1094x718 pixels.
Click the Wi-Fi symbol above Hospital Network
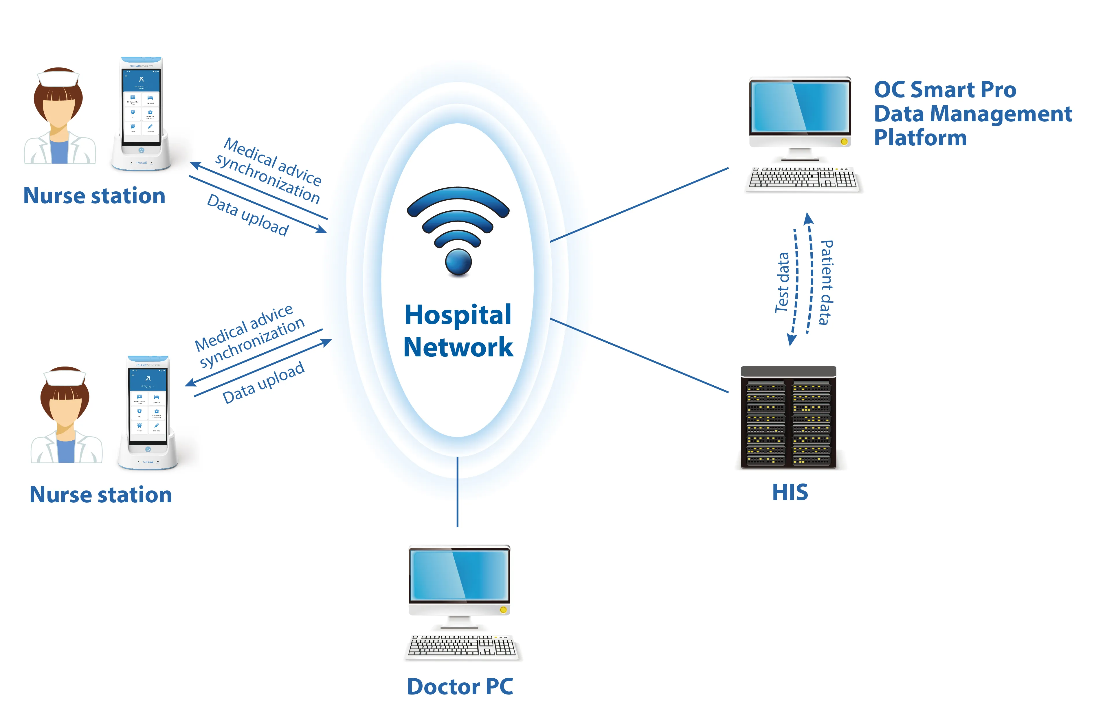click(458, 230)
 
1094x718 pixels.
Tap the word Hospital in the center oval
click(458, 315)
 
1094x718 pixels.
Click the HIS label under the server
click(790, 492)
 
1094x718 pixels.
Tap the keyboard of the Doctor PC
click(462, 646)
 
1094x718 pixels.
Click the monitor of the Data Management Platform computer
click(800, 107)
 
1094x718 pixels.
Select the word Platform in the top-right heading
click(920, 138)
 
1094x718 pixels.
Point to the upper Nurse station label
click(94, 195)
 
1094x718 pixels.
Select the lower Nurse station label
click(101, 494)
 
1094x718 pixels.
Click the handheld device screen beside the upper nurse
click(141, 102)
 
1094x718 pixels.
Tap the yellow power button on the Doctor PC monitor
click(503, 610)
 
